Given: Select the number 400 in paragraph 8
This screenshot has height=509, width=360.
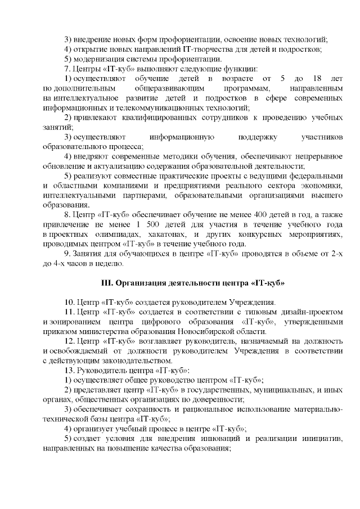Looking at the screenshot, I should click(236, 214).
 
